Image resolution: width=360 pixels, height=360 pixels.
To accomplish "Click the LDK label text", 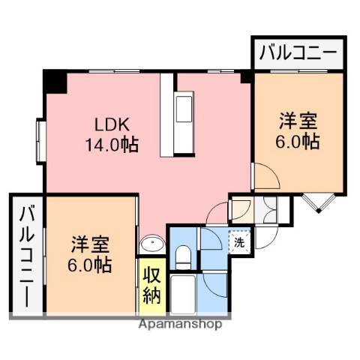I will (111, 125).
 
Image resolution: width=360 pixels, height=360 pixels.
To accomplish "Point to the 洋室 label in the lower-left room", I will (91, 244).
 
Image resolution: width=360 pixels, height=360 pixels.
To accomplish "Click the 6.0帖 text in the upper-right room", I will (298, 141).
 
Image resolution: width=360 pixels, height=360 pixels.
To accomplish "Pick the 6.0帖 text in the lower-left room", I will (91, 265).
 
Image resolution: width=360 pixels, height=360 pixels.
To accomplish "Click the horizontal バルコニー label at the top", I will (297, 53).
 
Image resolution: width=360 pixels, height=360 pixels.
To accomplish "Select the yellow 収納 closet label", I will (151, 284).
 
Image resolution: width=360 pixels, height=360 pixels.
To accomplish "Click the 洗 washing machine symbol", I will (238, 241).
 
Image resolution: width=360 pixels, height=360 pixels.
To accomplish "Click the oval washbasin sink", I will (153, 243).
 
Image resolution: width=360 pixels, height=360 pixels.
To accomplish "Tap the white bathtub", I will (184, 294).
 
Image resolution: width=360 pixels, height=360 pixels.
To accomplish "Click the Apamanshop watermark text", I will (179, 325).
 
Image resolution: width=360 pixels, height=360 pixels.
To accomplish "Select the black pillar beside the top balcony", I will (246, 75).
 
